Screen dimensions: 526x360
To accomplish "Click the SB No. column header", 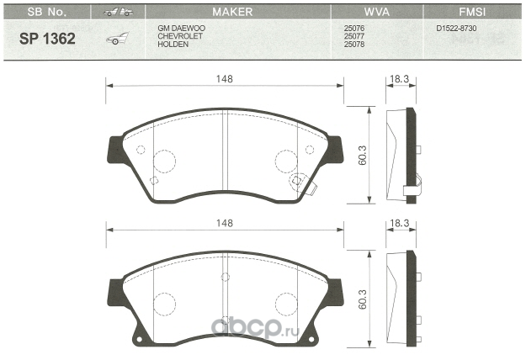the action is pos(46,12).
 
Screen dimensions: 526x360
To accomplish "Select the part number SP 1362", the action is pos(47,39).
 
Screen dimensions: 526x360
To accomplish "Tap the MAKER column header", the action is pos(232,12).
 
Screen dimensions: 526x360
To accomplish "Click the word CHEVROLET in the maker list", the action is pos(180,36).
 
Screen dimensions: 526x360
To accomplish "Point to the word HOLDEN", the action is pos(173,45).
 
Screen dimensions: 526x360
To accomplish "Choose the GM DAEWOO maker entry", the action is pos(182,28).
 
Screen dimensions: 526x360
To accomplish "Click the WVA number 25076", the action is pos(354,28).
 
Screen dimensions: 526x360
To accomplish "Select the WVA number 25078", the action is pos(354,45).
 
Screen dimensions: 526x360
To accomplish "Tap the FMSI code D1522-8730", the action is pos(456,28).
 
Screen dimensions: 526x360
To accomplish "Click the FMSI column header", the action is pos(472,12).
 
